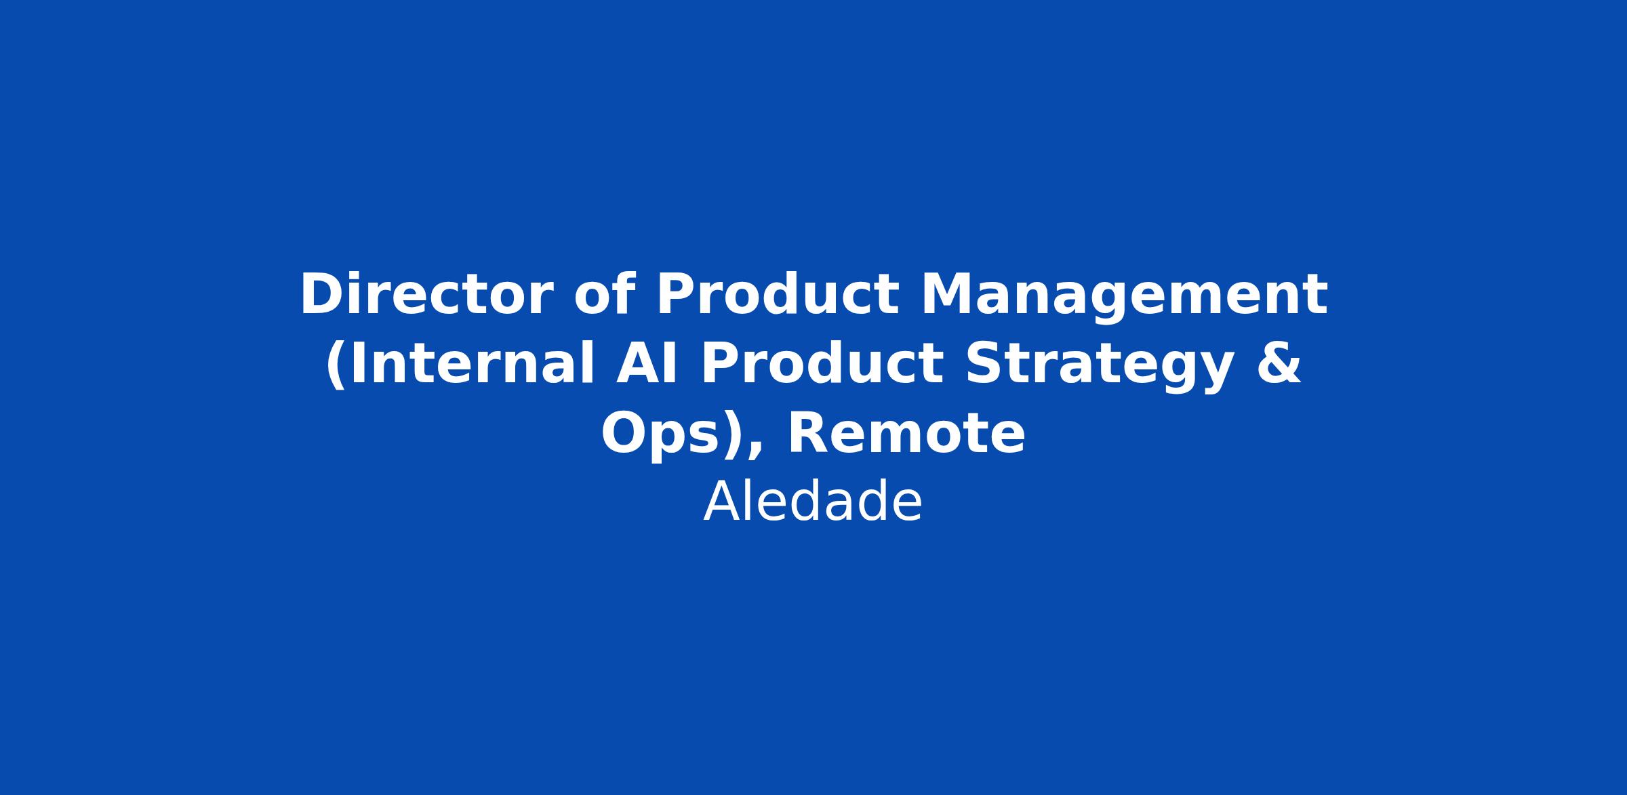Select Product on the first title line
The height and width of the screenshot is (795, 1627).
point(778,295)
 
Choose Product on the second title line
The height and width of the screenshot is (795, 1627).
point(821,364)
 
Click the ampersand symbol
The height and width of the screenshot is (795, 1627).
point(1279,365)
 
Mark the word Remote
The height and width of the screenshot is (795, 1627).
point(906,434)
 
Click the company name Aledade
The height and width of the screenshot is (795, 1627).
point(813,502)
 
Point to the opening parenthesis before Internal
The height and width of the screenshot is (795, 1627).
point(335,366)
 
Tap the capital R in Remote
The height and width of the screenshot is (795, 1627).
point(809,434)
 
